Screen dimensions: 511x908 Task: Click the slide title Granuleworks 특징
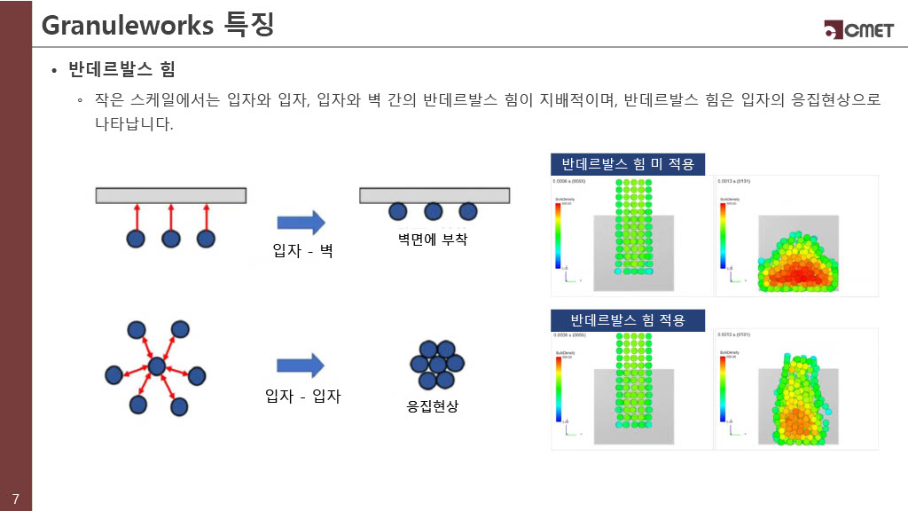(157, 25)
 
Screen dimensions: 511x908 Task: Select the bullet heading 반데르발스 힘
(121, 69)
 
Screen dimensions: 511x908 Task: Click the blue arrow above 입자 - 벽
(301, 224)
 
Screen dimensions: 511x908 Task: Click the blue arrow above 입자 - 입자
(301, 366)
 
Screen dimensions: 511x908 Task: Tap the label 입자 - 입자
(302, 397)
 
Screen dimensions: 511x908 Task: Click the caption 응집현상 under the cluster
(433, 407)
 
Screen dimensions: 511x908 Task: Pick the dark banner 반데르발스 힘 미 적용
(628, 164)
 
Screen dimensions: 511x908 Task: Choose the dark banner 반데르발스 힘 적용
(628, 319)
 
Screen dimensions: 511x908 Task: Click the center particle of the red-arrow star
(157, 366)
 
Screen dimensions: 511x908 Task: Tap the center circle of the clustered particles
(436, 365)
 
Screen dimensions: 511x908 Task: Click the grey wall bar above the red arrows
(171, 195)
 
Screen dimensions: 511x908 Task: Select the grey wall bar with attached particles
(434, 195)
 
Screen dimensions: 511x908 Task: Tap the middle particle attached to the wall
(434, 211)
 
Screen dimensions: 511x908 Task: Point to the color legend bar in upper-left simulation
(557, 235)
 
